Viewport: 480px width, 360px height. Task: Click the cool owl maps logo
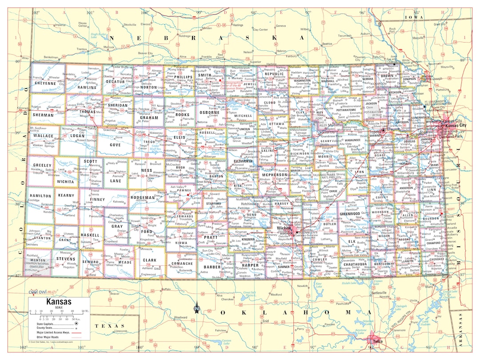point(41,292)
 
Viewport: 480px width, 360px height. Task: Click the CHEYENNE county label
point(45,83)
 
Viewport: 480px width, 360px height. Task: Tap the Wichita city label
point(283,228)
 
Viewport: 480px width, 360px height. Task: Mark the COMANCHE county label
point(182,264)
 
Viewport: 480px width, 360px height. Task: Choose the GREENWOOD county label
point(350,214)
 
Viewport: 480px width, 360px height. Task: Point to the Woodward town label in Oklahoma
point(180,317)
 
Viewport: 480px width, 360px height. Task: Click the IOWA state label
point(414,17)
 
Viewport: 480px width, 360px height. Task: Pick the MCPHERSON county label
point(275,175)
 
